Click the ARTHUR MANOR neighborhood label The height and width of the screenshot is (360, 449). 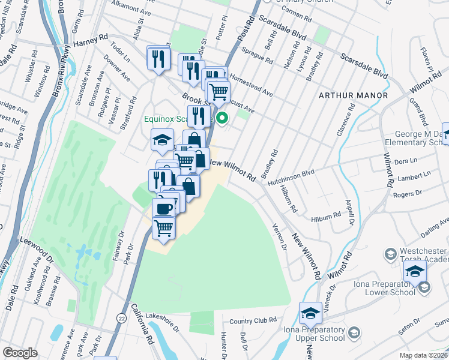click(353, 95)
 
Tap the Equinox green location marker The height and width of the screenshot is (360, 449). click(222, 118)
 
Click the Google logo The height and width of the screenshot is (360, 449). click(20, 353)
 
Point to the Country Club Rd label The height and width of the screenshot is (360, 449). click(252, 320)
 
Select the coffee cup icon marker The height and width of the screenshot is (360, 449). click(163, 208)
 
